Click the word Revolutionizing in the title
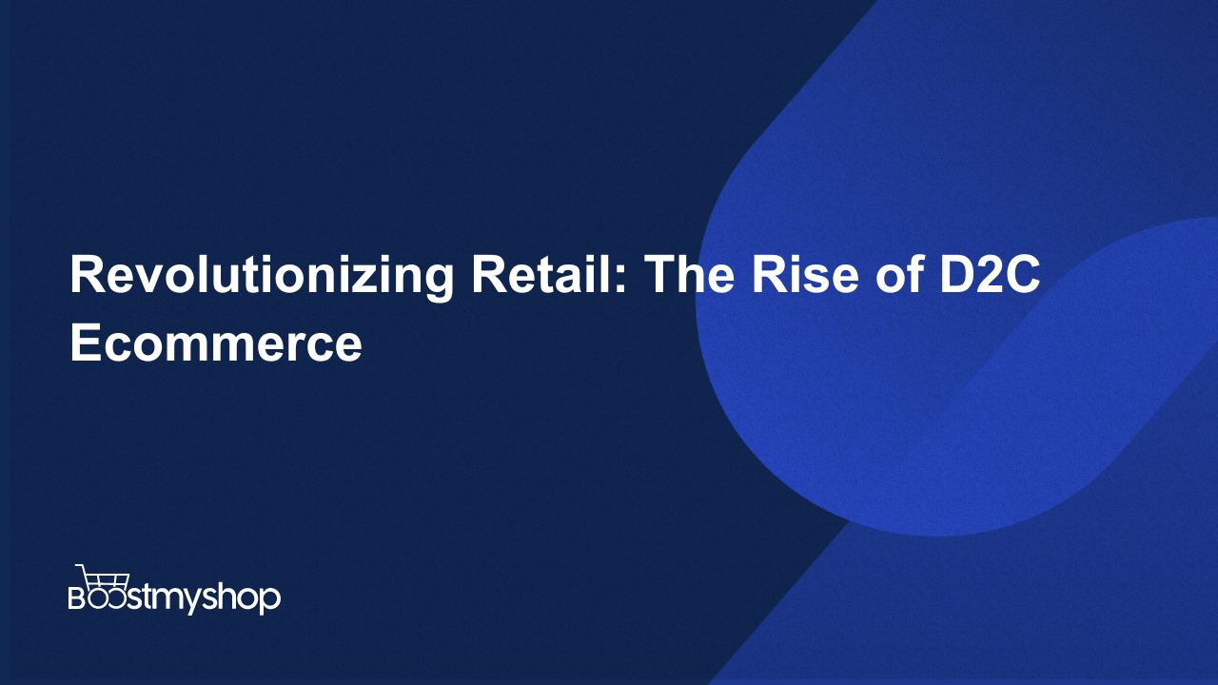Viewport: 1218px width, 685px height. coord(261,277)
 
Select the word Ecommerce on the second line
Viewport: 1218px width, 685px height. coord(216,342)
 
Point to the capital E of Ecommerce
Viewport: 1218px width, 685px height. coord(86,342)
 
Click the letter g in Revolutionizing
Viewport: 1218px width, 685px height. coord(437,284)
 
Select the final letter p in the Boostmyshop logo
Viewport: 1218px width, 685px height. coord(270,600)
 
